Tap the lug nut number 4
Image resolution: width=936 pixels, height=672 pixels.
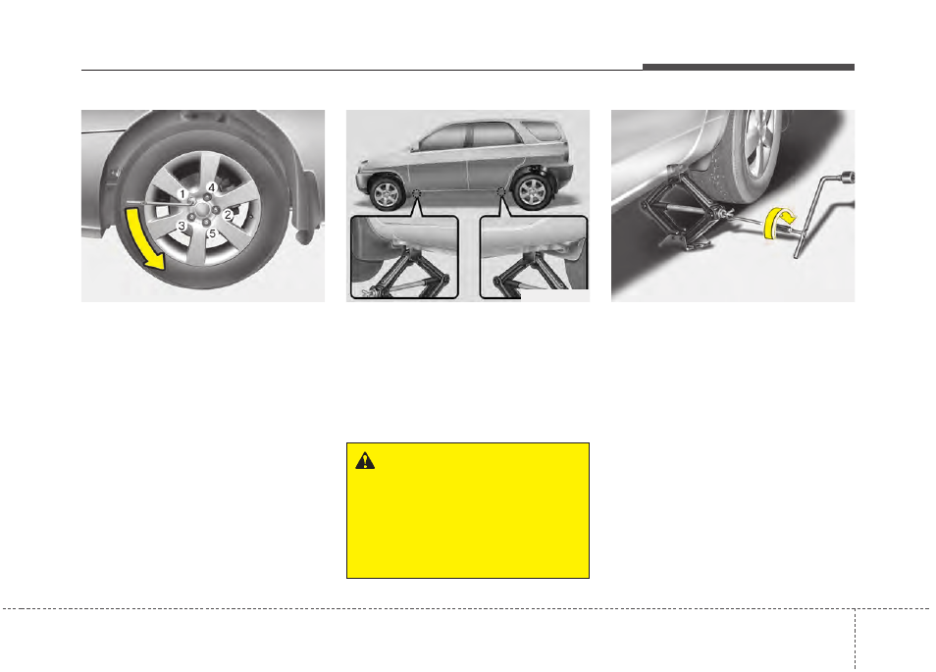pos(211,187)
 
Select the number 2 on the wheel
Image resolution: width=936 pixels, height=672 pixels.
pos(228,214)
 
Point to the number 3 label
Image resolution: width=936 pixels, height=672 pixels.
pos(182,227)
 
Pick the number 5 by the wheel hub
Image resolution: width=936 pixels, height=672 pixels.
pos(211,233)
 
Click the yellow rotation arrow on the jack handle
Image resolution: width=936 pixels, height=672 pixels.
pos(778,224)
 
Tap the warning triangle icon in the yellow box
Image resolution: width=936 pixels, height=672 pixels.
pos(365,461)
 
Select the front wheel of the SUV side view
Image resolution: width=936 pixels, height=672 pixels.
pos(387,193)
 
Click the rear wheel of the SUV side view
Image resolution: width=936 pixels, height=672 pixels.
pos(533,191)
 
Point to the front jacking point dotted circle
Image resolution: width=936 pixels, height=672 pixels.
pos(417,193)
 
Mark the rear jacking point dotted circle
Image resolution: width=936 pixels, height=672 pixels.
pos(500,191)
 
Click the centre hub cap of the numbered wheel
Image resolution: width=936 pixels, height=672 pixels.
pos(202,210)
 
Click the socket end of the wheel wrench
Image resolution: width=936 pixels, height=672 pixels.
pos(848,177)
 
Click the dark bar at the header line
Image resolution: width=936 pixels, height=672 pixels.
pos(749,67)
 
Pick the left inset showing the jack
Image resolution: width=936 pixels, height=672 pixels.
pos(404,257)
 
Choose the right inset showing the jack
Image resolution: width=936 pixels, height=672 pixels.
pos(534,257)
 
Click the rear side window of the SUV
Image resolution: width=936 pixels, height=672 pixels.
pos(542,130)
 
